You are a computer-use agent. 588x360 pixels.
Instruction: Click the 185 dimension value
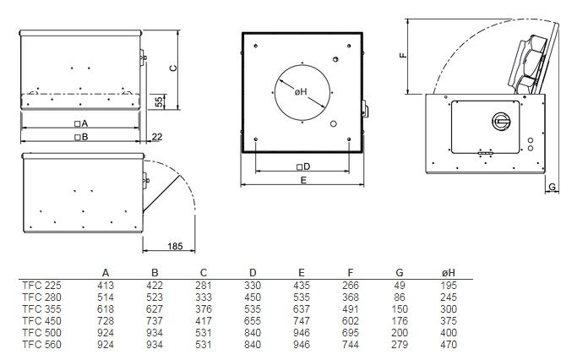pyautogui.click(x=175, y=246)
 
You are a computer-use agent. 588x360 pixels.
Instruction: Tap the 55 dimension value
pyautogui.click(x=160, y=101)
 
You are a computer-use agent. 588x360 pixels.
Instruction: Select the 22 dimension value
pyautogui.click(x=157, y=137)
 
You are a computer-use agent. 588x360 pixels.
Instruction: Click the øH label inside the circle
pyautogui.click(x=301, y=92)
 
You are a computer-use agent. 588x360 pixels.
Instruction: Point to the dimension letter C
pyautogui.click(x=173, y=68)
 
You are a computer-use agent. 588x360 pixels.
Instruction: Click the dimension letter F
pyautogui.click(x=403, y=55)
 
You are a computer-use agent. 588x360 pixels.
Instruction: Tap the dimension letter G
pyautogui.click(x=552, y=187)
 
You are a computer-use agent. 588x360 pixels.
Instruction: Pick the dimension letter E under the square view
pyautogui.click(x=303, y=180)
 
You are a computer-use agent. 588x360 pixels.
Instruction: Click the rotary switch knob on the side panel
pyautogui.click(x=501, y=121)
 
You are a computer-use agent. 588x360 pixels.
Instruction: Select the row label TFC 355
pyautogui.click(x=41, y=309)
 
